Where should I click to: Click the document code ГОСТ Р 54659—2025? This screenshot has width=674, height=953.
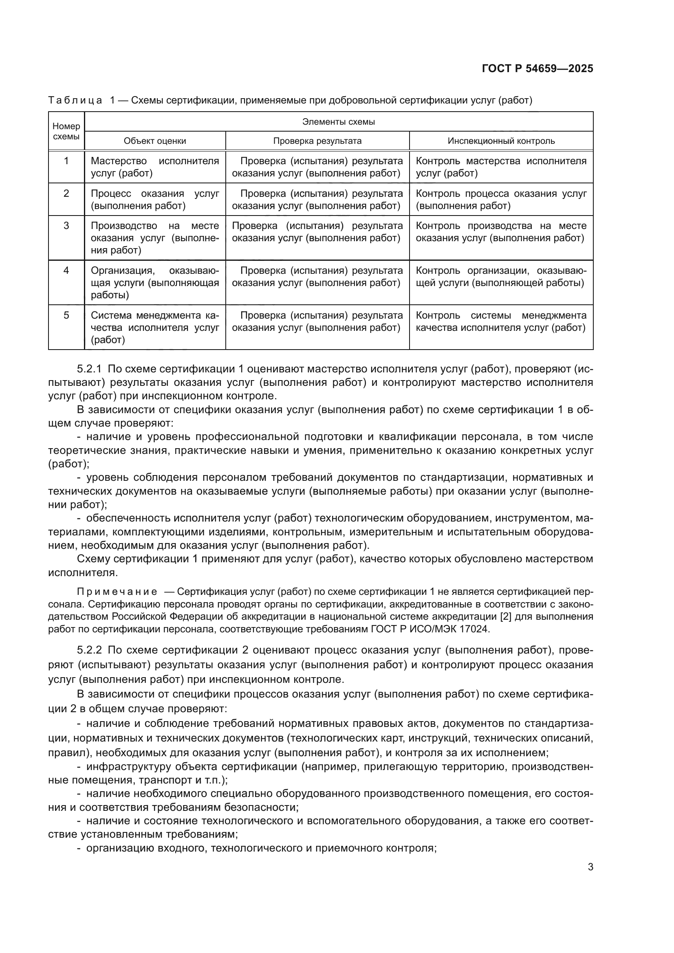[x=537, y=68]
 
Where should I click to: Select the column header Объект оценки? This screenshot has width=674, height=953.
[x=155, y=141]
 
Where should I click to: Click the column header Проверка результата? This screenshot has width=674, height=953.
[x=317, y=141]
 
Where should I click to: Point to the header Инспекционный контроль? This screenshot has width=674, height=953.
[x=501, y=141]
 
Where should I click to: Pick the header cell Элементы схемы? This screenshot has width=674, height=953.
[x=338, y=121]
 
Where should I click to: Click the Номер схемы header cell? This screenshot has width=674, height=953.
[x=66, y=131]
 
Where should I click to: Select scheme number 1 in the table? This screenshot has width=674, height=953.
[x=66, y=161]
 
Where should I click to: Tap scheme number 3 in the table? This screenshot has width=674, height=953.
[x=66, y=226]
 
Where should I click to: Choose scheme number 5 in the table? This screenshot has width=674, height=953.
[x=66, y=315]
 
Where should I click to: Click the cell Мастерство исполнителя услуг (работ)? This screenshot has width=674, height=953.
[x=155, y=167]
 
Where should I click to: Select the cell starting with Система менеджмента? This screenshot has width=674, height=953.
[x=155, y=328]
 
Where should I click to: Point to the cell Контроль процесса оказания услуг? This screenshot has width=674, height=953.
[x=501, y=199]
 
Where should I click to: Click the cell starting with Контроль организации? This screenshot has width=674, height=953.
[x=501, y=277]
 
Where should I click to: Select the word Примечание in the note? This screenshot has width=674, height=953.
[x=117, y=592]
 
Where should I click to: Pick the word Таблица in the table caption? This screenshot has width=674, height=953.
[x=75, y=101]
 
